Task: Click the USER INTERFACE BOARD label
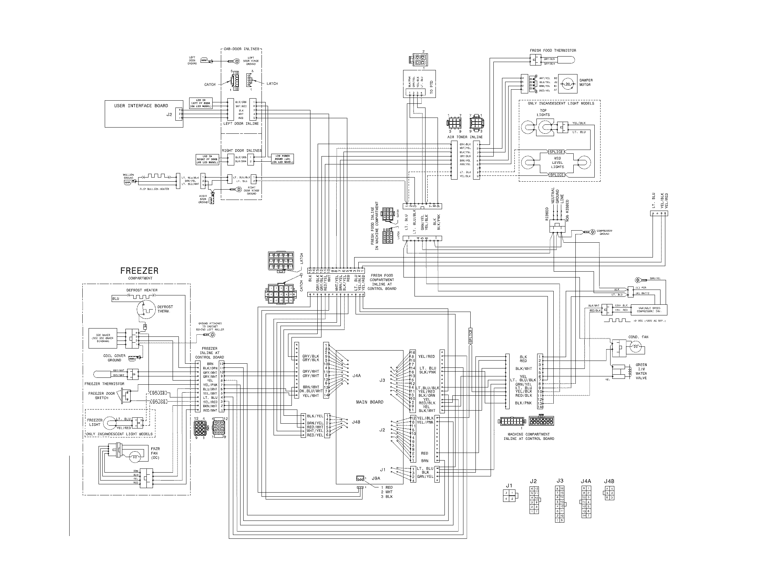pos(141,105)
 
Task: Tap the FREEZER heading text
pos(139,271)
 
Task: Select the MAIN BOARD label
pos(370,402)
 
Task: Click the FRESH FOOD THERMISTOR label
pos(553,50)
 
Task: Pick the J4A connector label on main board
pos(357,376)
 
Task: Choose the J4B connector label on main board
pos(356,422)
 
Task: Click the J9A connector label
pos(376,478)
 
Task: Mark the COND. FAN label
pos(638,337)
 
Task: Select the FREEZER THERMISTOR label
pos(104,384)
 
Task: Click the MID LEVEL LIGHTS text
pos(557,162)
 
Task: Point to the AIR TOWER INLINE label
pos(465,137)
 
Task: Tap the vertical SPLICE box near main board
pos(471,336)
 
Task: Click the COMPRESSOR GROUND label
pos(604,232)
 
